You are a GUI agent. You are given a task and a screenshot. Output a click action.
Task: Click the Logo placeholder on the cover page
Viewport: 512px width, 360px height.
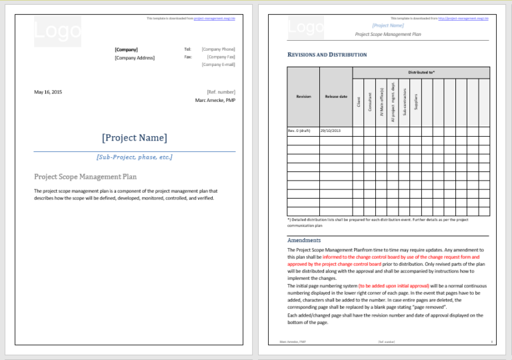(57, 31)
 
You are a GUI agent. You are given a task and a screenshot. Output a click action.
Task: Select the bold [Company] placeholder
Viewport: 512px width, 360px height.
(126, 49)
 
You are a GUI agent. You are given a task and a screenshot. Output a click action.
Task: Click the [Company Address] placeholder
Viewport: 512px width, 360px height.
(135, 58)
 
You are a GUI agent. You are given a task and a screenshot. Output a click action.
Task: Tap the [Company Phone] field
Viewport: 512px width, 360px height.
(218, 49)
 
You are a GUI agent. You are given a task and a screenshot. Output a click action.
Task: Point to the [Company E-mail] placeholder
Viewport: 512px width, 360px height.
(218, 65)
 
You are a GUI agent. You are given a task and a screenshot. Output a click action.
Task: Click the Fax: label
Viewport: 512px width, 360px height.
(188, 57)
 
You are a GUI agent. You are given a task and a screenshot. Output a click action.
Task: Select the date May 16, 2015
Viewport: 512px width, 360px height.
(48, 92)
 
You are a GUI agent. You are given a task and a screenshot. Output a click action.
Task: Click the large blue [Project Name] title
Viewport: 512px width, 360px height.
(135, 138)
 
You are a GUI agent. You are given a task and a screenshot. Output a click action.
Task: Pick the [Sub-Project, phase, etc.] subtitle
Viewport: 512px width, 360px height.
(135, 157)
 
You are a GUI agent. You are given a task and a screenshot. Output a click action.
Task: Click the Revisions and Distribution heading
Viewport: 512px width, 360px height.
(327, 54)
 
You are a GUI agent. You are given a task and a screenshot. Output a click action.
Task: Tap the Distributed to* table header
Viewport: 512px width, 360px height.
(421, 72)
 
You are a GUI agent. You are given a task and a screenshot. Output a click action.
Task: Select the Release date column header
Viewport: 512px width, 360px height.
(336, 97)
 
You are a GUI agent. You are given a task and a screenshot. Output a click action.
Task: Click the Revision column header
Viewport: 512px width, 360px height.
(303, 97)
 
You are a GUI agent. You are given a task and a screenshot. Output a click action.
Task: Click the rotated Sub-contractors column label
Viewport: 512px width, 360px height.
(405, 100)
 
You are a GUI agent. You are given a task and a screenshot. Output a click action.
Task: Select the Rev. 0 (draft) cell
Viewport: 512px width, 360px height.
(299, 131)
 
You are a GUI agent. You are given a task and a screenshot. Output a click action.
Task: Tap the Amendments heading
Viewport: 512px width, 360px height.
(304, 240)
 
